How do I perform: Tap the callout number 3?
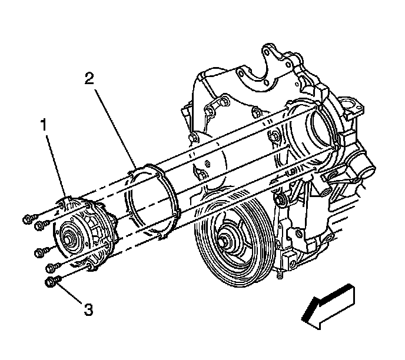[88, 309]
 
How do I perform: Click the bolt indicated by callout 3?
[51, 283]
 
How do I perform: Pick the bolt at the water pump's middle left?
[39, 252]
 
